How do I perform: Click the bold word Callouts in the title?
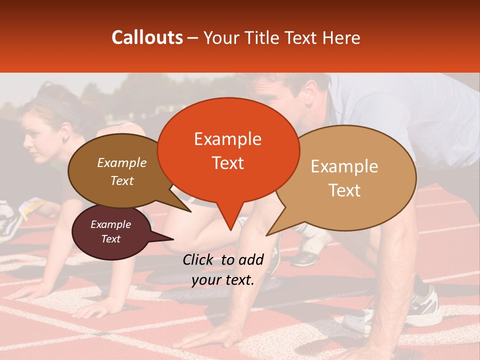[x=147, y=37]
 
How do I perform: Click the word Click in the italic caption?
[x=199, y=259]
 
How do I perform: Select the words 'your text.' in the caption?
[x=222, y=280]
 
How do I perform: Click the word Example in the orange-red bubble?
[x=228, y=139]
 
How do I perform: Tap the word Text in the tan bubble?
[x=345, y=190]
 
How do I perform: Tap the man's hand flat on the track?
[x=210, y=336]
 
